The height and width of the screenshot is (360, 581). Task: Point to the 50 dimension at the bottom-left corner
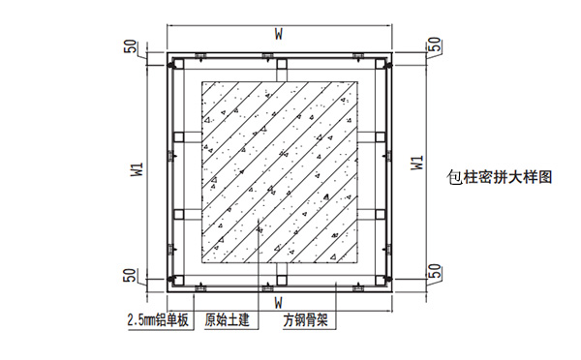pos(129,275)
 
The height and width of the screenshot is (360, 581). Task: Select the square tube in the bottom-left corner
pos(179,281)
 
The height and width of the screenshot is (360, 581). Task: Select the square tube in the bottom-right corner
pos(378,281)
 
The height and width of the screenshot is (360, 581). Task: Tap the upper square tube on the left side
pos(179,135)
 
